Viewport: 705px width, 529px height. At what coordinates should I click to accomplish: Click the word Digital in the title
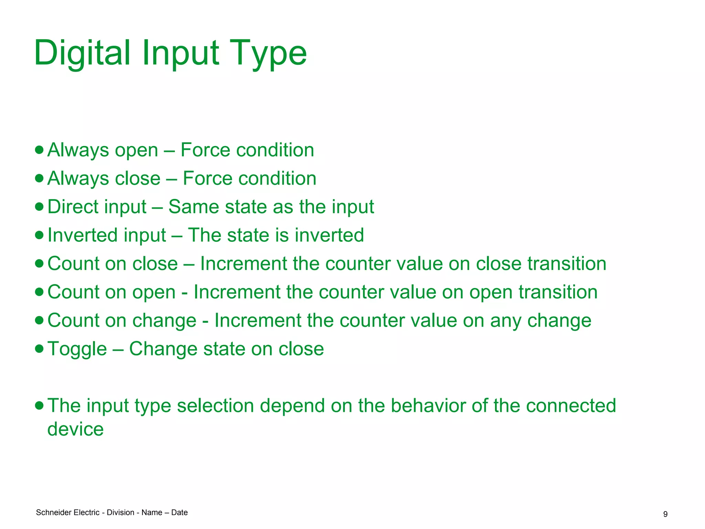point(82,53)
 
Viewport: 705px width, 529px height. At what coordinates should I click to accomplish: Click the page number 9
point(665,514)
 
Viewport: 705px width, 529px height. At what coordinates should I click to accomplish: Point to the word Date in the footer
point(179,512)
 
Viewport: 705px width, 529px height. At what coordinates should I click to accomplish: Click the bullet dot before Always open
point(39,150)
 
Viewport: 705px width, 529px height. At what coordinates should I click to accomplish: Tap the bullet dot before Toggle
point(39,349)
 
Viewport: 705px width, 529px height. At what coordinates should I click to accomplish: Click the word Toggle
point(77,349)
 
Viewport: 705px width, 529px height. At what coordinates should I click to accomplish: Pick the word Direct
point(73,207)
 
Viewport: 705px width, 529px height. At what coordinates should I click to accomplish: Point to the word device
point(75,429)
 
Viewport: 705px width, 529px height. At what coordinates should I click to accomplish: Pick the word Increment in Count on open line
point(237,292)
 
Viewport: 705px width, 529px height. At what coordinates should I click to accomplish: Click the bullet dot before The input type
point(39,405)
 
